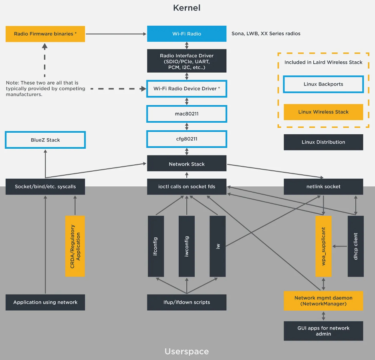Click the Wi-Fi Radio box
click(x=187, y=34)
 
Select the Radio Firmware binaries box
click(x=45, y=34)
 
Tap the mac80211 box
click(x=187, y=114)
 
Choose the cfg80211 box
click(x=187, y=139)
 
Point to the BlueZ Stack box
click(x=45, y=140)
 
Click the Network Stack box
click(x=187, y=164)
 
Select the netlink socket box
click(x=323, y=186)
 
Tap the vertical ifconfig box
click(x=156, y=246)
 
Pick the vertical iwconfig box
click(x=187, y=246)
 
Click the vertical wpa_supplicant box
click(x=323, y=246)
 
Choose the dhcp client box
click(x=355, y=246)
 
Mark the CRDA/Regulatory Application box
click(x=75, y=246)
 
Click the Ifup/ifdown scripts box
click(x=187, y=302)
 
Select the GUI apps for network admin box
click(x=323, y=331)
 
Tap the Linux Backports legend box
click(x=323, y=84)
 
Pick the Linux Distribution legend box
click(x=323, y=142)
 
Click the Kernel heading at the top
click(x=187, y=8)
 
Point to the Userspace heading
click(x=187, y=352)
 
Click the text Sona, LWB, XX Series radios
click(x=266, y=34)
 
